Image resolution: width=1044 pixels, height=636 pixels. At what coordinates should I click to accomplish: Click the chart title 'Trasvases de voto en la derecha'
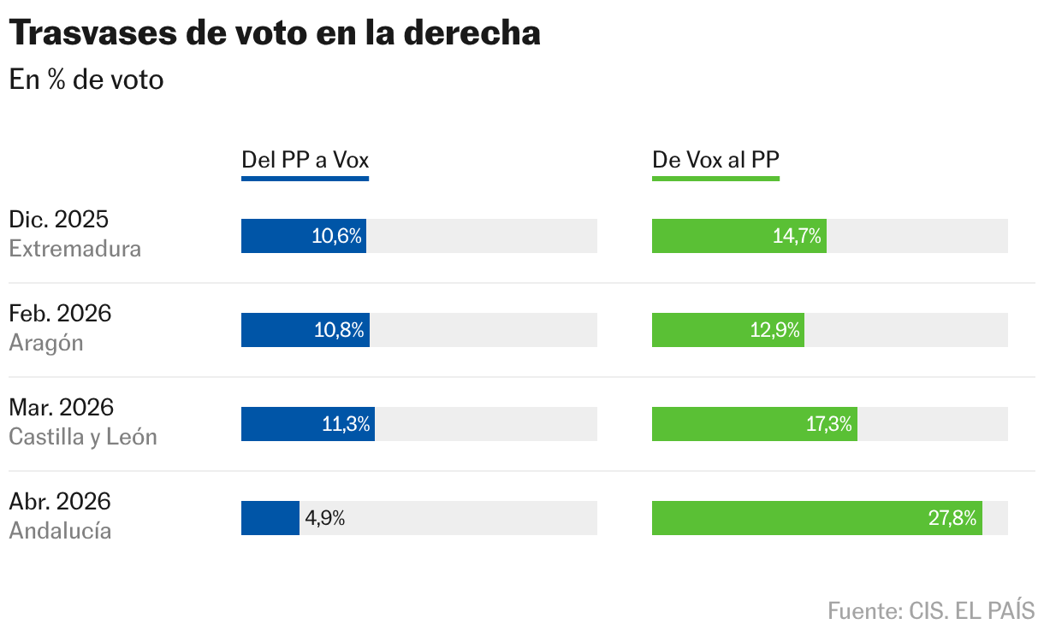(275, 33)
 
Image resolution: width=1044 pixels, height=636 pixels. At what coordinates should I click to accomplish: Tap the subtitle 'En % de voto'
(86, 80)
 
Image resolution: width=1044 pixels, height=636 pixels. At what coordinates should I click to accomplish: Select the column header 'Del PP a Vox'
(305, 160)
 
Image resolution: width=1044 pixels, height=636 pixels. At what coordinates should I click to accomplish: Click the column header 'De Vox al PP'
(715, 160)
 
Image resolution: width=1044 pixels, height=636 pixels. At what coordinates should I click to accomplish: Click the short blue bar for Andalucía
(270, 518)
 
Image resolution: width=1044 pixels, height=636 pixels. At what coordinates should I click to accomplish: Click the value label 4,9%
(325, 518)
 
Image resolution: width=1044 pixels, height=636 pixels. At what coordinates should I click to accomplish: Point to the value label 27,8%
(952, 518)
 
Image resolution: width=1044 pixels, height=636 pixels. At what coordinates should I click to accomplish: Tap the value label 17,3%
(829, 424)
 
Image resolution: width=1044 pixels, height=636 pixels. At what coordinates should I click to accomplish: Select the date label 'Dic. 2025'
(59, 220)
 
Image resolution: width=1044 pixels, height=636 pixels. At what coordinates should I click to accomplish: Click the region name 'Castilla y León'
(83, 437)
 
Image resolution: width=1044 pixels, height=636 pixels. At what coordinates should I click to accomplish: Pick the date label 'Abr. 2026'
(60, 502)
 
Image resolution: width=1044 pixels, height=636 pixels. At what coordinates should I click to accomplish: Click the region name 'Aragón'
(46, 343)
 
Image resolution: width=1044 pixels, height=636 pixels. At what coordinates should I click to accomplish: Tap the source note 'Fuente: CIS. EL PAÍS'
(931, 611)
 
